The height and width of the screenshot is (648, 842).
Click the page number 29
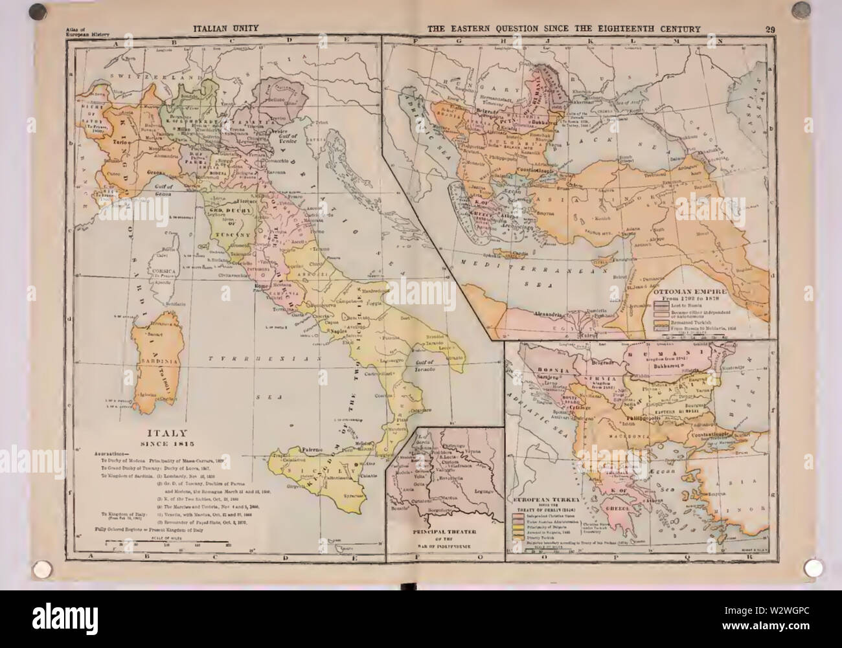click(771, 28)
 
